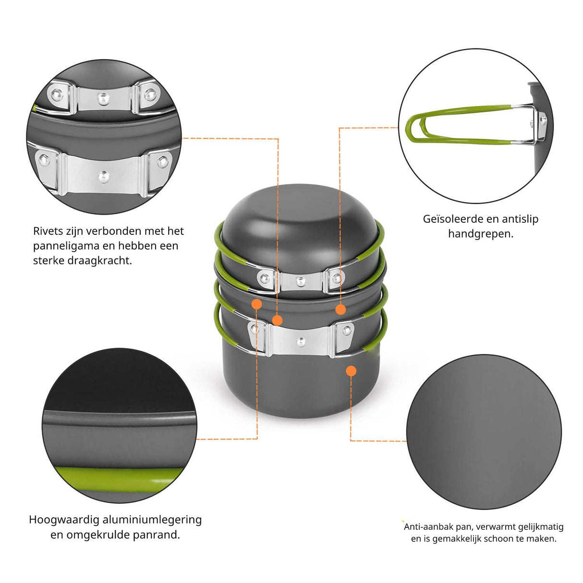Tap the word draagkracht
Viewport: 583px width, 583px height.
[99, 260]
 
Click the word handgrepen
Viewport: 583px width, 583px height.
[481, 234]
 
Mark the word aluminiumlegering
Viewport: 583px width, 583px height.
[152, 520]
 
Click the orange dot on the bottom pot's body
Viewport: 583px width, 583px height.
[351, 371]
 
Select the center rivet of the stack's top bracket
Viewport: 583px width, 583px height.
[301, 281]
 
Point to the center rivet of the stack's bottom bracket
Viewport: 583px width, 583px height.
[301, 342]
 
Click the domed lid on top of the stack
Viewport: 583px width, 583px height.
[300, 224]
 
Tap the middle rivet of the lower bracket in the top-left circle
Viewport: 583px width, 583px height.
[104, 177]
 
